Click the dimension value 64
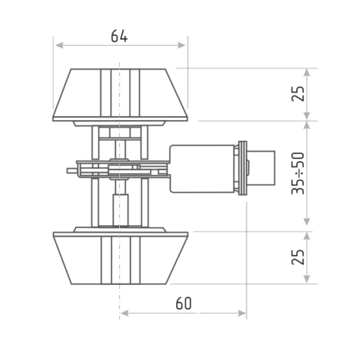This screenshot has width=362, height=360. pos(119,36)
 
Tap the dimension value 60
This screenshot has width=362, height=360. pos(184,303)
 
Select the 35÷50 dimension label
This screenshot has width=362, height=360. pos(298,173)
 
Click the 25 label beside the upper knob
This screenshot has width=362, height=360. pos(298,94)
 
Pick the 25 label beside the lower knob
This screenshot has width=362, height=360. pos(298,257)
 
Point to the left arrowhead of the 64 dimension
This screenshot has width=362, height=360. pos(59,45)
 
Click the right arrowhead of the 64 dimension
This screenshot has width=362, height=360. pos(181,45)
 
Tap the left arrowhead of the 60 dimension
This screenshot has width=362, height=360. pos(124,313)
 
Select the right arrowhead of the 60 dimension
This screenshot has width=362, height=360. pos(242,313)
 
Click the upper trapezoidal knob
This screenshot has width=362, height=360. pos(120,95)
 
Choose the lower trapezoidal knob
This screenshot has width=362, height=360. pos(120,258)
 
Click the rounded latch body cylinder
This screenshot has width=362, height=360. pos(202,169)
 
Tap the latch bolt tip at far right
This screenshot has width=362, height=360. pos(262,168)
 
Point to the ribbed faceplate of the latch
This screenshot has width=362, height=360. pos(243,168)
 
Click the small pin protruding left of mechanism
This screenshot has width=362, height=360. pos(73,171)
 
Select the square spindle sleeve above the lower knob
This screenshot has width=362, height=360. pos(121,210)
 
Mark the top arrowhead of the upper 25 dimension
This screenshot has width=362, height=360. pos(307,73)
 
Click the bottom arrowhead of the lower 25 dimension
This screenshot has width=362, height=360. pos(307,279)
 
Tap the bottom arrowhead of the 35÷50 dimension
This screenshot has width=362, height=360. pos(307,221)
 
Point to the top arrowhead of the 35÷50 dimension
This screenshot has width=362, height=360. pos(307,125)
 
